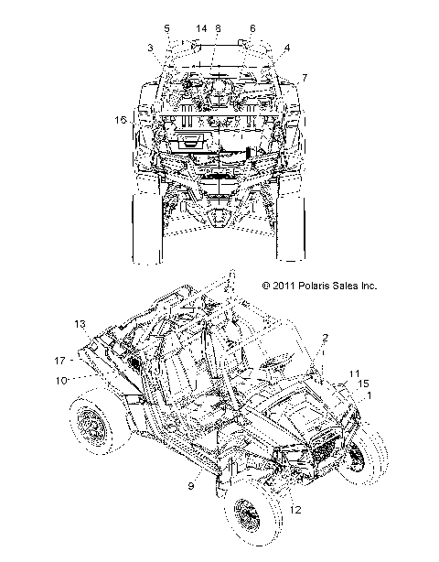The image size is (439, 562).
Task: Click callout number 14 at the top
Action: [201, 28]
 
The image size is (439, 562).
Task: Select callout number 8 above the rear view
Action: [218, 28]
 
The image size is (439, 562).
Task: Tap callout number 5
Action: [166, 28]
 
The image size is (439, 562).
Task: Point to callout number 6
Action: [252, 28]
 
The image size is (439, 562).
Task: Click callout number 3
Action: [150, 48]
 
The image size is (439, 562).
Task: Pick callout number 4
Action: [287, 48]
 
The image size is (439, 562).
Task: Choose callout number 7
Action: [305, 78]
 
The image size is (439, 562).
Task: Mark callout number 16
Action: [121, 120]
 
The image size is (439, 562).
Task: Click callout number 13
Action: [80, 324]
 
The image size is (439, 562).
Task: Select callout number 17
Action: [59, 361]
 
